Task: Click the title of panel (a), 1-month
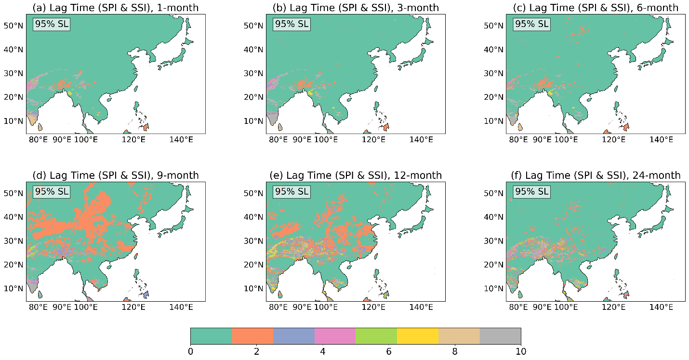click(x=115, y=8)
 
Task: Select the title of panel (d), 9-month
click(x=115, y=175)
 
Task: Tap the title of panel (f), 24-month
click(x=596, y=175)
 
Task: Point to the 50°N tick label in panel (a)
click(x=13, y=26)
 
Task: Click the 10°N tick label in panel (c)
click(x=494, y=121)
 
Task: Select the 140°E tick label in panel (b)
click(x=421, y=140)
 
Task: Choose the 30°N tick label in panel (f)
click(x=494, y=241)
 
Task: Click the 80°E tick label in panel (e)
click(x=278, y=307)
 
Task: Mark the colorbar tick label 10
click(x=521, y=351)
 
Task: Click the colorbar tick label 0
click(x=191, y=351)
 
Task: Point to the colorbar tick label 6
click(x=389, y=351)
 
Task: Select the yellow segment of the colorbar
click(x=418, y=335)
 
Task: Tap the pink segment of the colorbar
click(x=335, y=335)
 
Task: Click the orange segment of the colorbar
click(x=252, y=335)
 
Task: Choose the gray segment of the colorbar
click(x=500, y=335)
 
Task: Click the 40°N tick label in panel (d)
click(x=13, y=217)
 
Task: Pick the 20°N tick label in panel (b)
click(x=253, y=97)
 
